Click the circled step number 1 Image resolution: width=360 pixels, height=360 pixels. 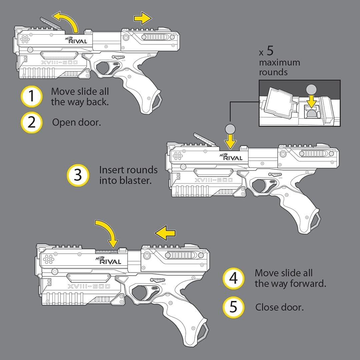pyautogui.click(x=31, y=96)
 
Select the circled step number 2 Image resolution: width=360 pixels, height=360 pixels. pyautogui.click(x=31, y=122)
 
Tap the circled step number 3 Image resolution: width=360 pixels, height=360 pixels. pyautogui.click(x=78, y=175)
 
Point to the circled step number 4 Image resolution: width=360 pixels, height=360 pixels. pyautogui.click(x=233, y=278)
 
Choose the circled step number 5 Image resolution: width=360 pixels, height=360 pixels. pyautogui.click(x=233, y=307)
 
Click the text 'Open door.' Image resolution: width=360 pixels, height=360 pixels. pyautogui.click(x=76, y=122)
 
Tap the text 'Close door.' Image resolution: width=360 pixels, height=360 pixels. pyautogui.click(x=279, y=307)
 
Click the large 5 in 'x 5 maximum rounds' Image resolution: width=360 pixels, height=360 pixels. pyautogui.click(x=270, y=51)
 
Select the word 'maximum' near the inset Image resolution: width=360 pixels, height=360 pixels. pyautogui.click(x=279, y=63)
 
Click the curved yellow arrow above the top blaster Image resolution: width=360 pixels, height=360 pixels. pyautogui.click(x=67, y=21)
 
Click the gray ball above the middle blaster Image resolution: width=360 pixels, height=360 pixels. pyautogui.click(x=230, y=129)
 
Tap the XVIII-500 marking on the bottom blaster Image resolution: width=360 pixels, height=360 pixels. pyautogui.click(x=89, y=287)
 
